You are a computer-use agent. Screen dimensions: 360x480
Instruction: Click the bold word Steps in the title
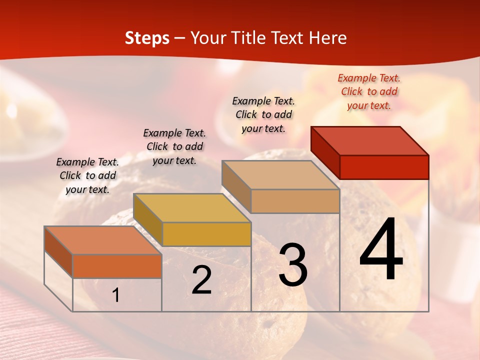[x=147, y=38]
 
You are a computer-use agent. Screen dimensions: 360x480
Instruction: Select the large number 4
[x=381, y=250]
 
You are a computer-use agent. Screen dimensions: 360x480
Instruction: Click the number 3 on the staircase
[x=293, y=265]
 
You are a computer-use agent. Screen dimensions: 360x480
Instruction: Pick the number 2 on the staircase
[x=201, y=280]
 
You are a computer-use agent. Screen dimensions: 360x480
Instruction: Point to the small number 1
[x=116, y=295]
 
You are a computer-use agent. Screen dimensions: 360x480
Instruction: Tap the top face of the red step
[x=370, y=141]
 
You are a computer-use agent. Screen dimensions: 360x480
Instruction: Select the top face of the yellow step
[x=191, y=208]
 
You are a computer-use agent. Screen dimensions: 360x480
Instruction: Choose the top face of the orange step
[x=102, y=240]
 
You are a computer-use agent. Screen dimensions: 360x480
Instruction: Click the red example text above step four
[x=369, y=91]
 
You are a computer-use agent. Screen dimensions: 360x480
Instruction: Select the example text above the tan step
[x=263, y=114]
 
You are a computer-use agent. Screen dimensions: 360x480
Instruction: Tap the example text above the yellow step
[x=174, y=146]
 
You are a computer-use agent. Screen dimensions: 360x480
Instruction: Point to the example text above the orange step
[x=87, y=175]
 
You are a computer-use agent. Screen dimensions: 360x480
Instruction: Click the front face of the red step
[x=384, y=167]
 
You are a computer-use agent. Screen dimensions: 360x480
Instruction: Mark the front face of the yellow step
[x=206, y=234]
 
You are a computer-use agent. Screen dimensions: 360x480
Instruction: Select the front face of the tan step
[x=295, y=201]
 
